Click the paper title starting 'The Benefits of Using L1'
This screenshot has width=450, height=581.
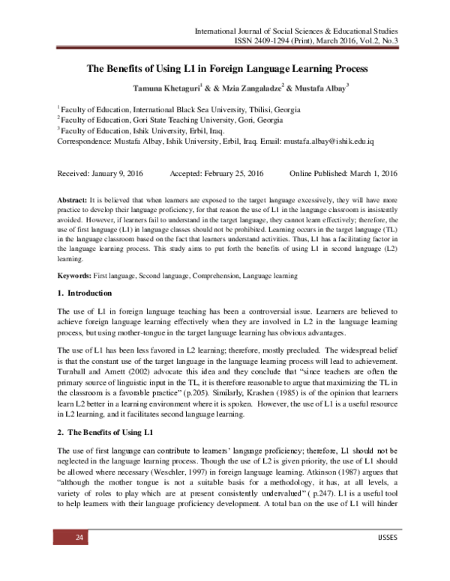[228, 70]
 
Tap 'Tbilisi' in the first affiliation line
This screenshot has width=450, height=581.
[264, 109]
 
